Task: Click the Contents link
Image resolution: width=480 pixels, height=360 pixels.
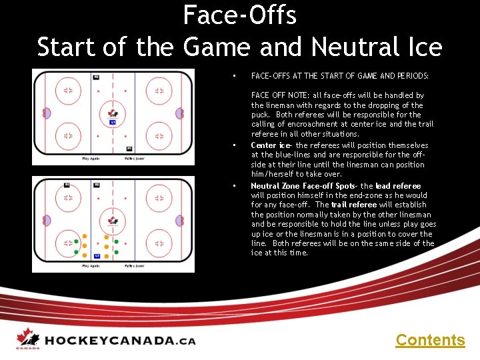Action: pyautogui.click(x=430, y=340)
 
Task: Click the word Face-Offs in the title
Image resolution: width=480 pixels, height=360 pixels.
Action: pyautogui.click(x=239, y=15)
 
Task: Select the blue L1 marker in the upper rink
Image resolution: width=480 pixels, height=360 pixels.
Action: pyautogui.click(x=113, y=123)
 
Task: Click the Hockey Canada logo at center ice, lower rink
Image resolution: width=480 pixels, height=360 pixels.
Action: pyautogui.click(x=113, y=221)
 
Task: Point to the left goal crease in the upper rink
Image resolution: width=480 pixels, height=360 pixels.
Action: pyautogui.click(x=47, y=113)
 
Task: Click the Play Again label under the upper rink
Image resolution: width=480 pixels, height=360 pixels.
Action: pyautogui.click(x=91, y=159)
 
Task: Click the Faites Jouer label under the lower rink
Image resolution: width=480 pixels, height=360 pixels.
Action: pyautogui.click(x=135, y=265)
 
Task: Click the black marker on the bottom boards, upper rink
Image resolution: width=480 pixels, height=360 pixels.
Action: pyautogui.click(x=129, y=148)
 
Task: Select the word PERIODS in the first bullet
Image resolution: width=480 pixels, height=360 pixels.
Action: pyautogui.click(x=413, y=76)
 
